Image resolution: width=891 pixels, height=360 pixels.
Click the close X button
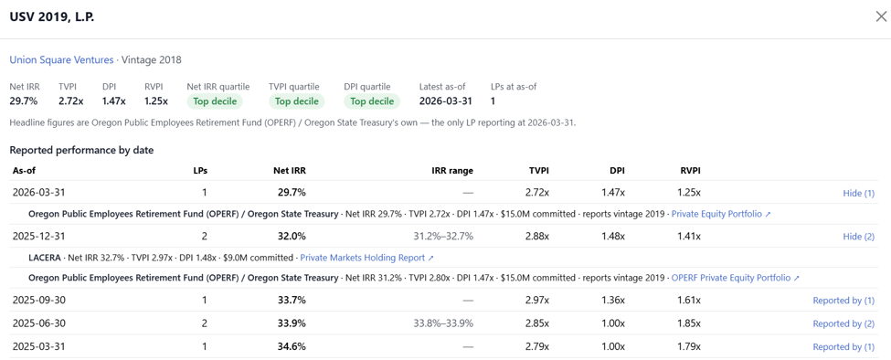coord(881,16)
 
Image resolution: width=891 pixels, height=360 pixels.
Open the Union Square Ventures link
coord(61,59)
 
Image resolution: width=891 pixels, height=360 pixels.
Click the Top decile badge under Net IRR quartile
coord(215,101)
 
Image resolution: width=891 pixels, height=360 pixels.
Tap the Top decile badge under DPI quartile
coord(372,101)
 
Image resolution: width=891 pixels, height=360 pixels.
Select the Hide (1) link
coord(859,193)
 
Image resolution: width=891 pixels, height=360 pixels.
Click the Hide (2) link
coord(859,237)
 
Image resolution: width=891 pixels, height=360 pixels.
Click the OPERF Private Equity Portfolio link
coord(736,279)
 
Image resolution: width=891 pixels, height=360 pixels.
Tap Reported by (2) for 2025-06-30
coord(843,323)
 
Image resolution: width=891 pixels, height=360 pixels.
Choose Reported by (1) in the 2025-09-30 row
coord(843,301)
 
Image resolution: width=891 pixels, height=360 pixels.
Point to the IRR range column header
coord(451,170)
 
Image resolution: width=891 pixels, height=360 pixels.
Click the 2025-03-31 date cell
coord(38,346)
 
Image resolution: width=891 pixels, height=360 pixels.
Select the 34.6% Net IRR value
coord(292,346)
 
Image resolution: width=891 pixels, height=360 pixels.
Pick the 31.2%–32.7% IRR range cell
coord(443,237)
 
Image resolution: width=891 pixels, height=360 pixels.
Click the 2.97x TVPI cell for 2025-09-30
coord(537,301)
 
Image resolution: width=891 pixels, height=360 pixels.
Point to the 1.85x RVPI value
coord(689,323)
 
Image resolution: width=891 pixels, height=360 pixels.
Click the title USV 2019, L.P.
coord(52,17)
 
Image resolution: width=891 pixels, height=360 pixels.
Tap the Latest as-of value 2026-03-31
coord(446,101)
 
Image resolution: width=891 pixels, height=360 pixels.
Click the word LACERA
coord(45,258)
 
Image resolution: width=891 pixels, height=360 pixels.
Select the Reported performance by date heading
coord(81,151)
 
